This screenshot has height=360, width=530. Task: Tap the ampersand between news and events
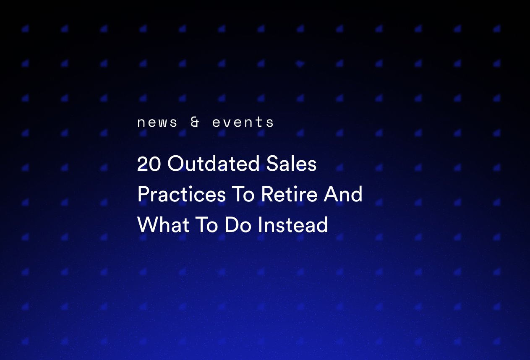tap(195, 123)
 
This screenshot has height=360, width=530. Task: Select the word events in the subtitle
tap(243, 123)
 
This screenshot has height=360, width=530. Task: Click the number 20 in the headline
tap(149, 164)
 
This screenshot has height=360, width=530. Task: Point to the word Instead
tap(293, 225)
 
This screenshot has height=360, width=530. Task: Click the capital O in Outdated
tap(175, 164)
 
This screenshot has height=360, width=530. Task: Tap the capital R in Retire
tap(266, 194)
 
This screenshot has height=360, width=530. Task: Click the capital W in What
tap(146, 225)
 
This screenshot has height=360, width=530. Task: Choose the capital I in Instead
tap(260, 225)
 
